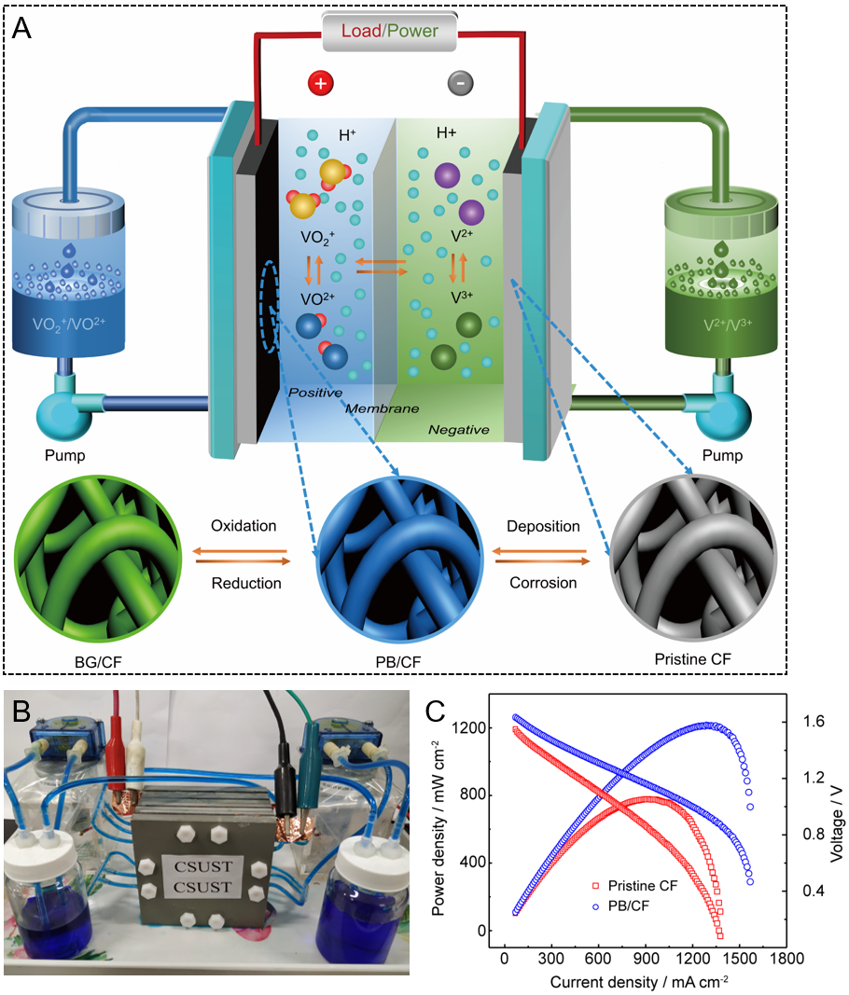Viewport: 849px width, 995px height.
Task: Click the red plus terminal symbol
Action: [320, 83]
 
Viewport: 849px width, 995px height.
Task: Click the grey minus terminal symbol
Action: [460, 83]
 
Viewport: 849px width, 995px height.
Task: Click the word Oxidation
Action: [244, 526]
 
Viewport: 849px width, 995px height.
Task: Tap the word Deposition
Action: [542, 526]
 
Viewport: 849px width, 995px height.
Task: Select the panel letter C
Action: [437, 711]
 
